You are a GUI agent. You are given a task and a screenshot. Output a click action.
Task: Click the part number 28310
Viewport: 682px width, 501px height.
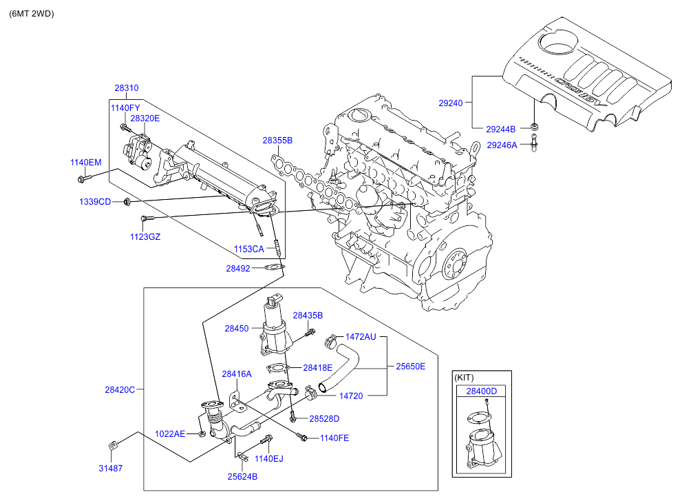126,88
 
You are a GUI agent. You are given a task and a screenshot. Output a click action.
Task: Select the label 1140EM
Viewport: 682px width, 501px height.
85,163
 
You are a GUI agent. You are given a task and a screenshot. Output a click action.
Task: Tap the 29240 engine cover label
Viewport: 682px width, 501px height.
452,103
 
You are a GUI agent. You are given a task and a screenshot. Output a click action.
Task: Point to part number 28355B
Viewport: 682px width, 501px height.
277,141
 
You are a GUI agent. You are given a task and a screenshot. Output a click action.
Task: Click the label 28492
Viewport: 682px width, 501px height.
238,269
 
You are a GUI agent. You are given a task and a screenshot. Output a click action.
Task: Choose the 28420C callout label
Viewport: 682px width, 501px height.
120,389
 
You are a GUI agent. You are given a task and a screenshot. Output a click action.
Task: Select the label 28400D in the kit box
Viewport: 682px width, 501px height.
482,391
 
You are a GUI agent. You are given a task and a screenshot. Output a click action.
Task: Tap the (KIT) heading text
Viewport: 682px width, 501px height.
465,378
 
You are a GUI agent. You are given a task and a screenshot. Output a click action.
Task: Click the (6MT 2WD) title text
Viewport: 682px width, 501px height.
32,14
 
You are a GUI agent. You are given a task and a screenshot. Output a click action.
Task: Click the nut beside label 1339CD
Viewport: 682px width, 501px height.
127,202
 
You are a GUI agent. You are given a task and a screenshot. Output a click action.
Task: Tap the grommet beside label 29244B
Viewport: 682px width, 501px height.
534,127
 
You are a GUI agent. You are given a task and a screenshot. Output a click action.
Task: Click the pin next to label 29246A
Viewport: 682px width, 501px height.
534,145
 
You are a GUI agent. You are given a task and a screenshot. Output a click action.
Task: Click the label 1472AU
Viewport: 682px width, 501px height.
361,337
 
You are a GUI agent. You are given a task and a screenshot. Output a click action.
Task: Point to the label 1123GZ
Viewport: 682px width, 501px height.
147,236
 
